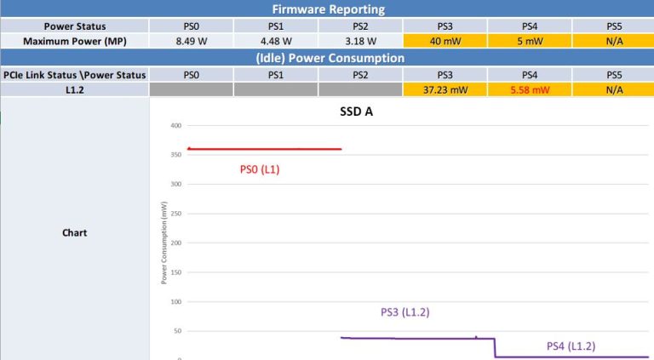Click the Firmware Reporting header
click(x=328, y=9)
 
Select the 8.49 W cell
click(x=192, y=41)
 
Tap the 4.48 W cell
click(x=276, y=41)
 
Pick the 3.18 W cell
click(x=360, y=41)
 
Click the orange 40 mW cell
click(x=445, y=41)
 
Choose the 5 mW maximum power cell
click(x=529, y=41)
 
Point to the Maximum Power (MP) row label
click(x=75, y=41)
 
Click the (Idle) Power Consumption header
click(x=328, y=58)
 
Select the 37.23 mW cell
click(x=445, y=89)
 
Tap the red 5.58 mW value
click(x=529, y=89)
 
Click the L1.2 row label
click(x=75, y=89)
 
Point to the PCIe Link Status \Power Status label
click(x=75, y=74)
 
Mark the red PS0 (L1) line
click(x=264, y=149)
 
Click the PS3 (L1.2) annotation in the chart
click(x=404, y=312)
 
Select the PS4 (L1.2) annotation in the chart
click(x=571, y=346)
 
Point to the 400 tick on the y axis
click(x=176, y=125)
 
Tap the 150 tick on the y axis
click(x=176, y=272)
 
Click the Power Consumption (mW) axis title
click(x=163, y=243)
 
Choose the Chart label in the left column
click(x=75, y=232)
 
